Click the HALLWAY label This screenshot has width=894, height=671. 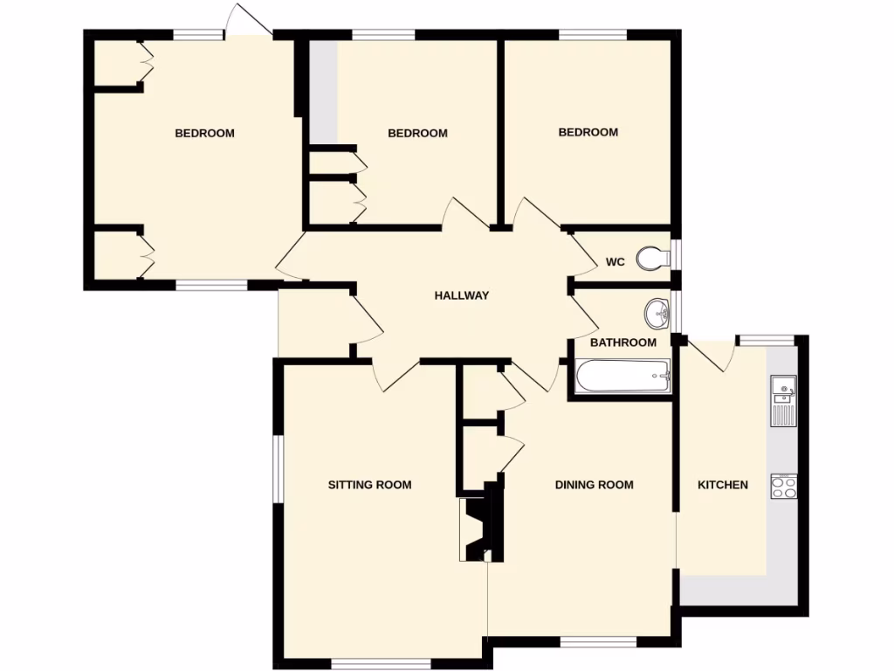coord(461,295)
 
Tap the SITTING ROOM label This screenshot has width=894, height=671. coord(369,485)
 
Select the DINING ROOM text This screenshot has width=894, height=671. coord(594,485)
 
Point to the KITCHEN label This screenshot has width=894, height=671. coord(722,485)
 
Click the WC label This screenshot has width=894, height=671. coord(615,261)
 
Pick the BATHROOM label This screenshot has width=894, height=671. coord(622,342)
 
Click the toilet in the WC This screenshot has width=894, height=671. coord(653,258)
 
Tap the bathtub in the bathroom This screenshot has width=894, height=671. coord(622,377)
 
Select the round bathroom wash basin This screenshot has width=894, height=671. coord(657,310)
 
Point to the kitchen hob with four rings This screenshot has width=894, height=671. coord(784,487)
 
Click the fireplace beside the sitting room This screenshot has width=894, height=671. coord(478,529)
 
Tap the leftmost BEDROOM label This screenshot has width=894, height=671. coord(204,134)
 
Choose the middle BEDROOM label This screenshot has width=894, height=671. coord(417,134)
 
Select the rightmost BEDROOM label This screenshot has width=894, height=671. coord(588,133)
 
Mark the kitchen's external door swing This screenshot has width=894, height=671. coord(714,354)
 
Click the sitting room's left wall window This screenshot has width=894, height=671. coord(278,469)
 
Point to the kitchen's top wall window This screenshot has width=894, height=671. coord(766,340)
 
